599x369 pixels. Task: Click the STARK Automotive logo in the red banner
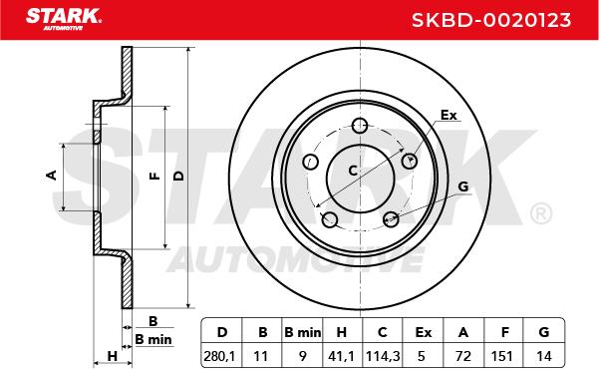64,18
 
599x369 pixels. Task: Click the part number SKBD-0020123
491,20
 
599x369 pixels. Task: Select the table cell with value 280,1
221,355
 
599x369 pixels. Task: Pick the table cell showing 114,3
383,355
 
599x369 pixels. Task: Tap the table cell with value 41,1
342,355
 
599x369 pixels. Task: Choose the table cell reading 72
463,355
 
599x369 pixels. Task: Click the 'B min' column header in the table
302,332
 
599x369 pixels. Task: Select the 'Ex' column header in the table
423,332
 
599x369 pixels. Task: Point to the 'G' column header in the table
544,332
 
